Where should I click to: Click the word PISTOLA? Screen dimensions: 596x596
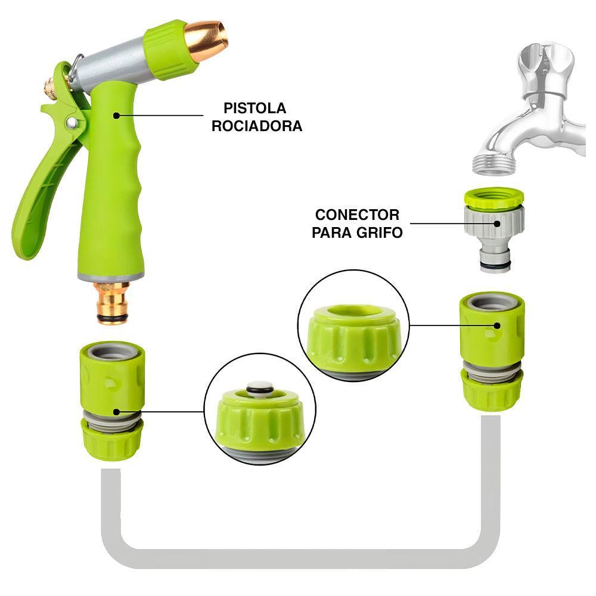(x=255, y=108)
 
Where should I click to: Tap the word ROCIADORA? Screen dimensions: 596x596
(x=256, y=126)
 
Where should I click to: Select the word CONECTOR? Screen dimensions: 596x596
(x=357, y=215)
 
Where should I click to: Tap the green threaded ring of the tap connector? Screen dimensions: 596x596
(x=493, y=198)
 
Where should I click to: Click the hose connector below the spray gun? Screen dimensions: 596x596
(x=111, y=399)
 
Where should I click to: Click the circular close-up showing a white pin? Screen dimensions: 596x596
(x=260, y=409)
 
